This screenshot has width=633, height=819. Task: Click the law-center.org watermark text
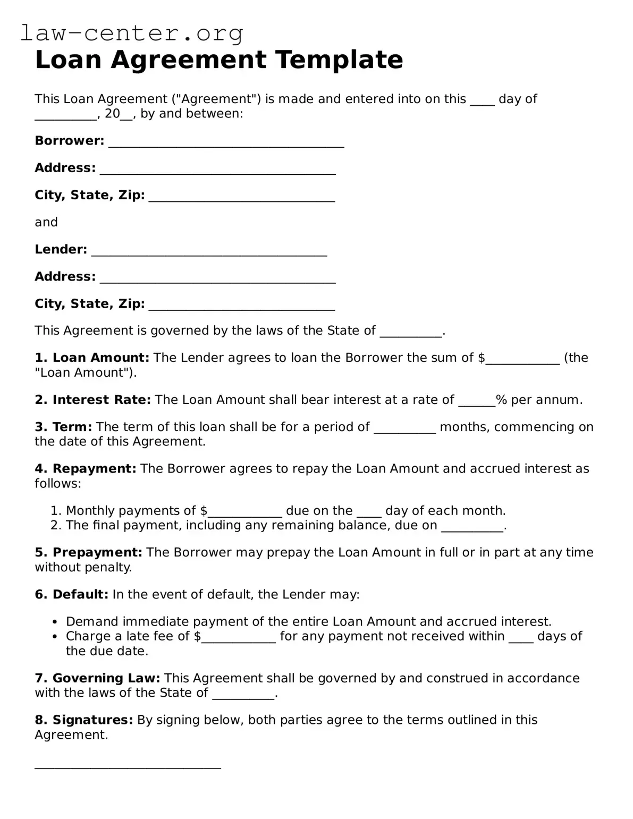pyautogui.click(x=132, y=33)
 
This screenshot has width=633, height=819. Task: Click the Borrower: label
pyautogui.click(x=70, y=141)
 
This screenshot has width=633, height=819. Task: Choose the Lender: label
pyautogui.click(x=61, y=249)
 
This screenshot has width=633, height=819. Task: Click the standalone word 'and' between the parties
pyautogui.click(x=46, y=222)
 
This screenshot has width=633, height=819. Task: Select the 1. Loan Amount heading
pyautogui.click(x=92, y=358)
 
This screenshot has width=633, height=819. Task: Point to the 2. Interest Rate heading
pyautogui.click(x=93, y=400)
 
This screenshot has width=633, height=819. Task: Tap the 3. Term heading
pyautogui.click(x=64, y=427)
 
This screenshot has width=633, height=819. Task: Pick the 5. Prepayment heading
pyautogui.click(x=89, y=553)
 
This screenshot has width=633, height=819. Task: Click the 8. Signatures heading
pyautogui.click(x=84, y=720)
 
